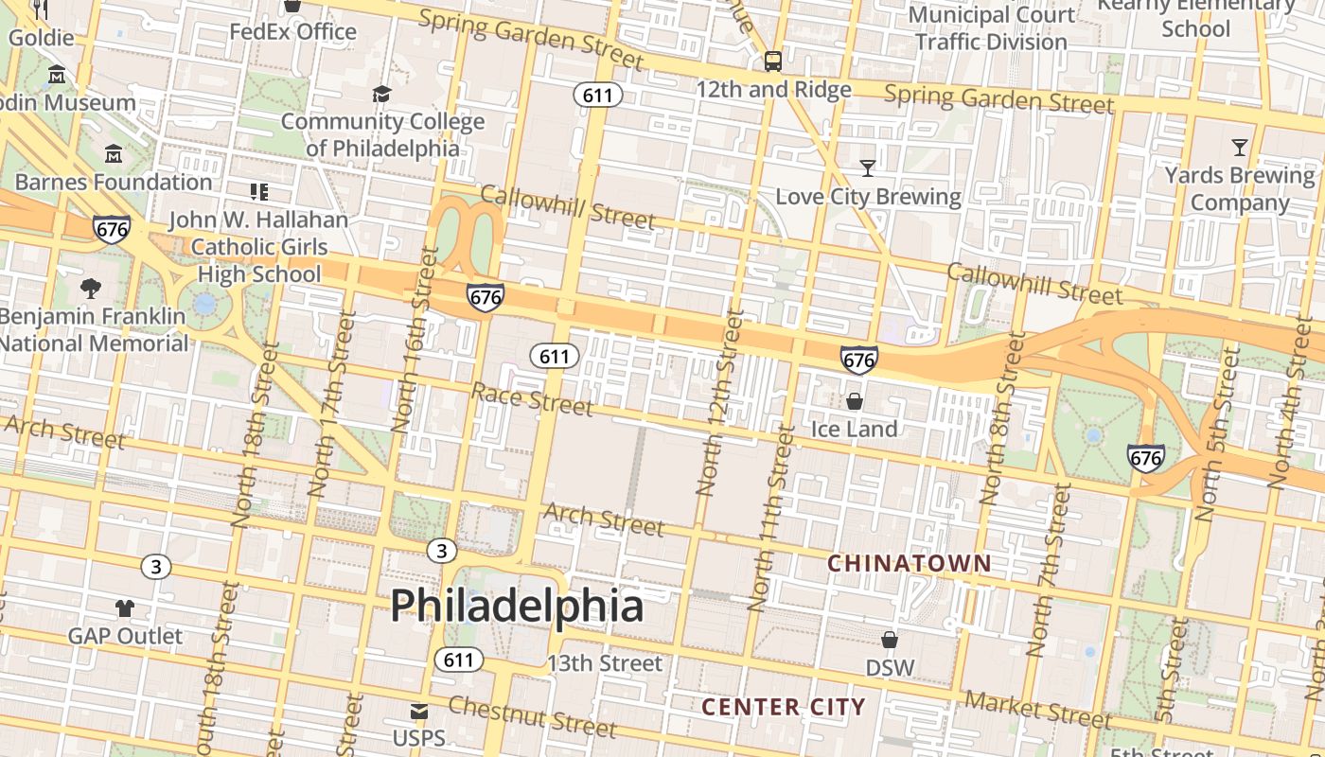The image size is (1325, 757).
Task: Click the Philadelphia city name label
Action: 517,605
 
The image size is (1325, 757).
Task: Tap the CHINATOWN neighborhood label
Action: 910,564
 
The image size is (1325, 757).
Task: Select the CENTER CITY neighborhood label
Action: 784,707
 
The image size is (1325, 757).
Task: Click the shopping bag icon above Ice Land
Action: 855,401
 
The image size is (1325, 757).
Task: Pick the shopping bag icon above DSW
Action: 890,640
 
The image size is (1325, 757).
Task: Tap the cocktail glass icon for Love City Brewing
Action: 868,168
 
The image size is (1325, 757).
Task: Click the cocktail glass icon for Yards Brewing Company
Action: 1240,147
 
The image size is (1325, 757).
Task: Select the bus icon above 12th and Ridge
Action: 773,62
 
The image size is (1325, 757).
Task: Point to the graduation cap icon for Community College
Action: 381,94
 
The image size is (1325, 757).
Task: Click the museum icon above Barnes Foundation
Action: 114,153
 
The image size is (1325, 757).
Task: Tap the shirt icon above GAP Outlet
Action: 125,607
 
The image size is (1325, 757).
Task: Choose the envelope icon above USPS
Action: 418,712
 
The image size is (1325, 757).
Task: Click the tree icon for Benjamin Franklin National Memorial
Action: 91,288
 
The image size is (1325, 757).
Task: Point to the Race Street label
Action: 532,399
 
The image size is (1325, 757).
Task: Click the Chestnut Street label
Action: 532,716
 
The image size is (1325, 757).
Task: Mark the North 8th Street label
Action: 1003,417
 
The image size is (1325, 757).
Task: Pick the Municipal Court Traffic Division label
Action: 992,28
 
